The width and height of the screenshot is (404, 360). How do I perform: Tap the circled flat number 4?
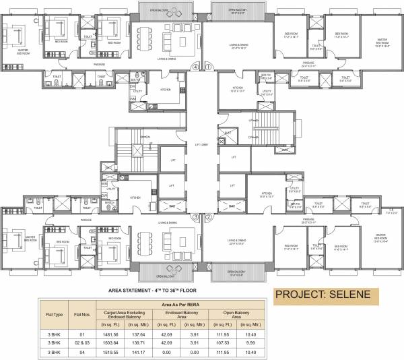coord(195,67)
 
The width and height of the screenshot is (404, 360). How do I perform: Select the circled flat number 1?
coord(209,67)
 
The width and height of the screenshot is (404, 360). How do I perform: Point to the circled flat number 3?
coord(195,217)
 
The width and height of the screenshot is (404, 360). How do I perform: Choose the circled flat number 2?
coord(209,217)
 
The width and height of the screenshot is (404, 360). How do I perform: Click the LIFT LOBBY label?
coord(202,144)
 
